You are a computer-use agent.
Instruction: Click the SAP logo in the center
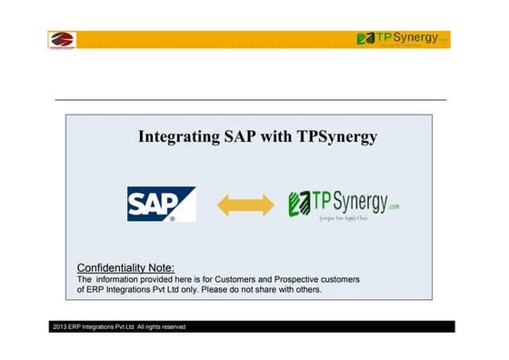pyautogui.click(x=162, y=205)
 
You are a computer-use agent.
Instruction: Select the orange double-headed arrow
pyautogui.click(x=245, y=205)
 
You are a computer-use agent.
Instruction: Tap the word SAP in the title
pyautogui.click(x=230, y=137)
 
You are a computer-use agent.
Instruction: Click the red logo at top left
pyautogui.click(x=62, y=40)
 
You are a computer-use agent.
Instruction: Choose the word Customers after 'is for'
pyautogui.click(x=240, y=278)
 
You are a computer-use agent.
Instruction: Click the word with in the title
pyautogui.click(x=270, y=137)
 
